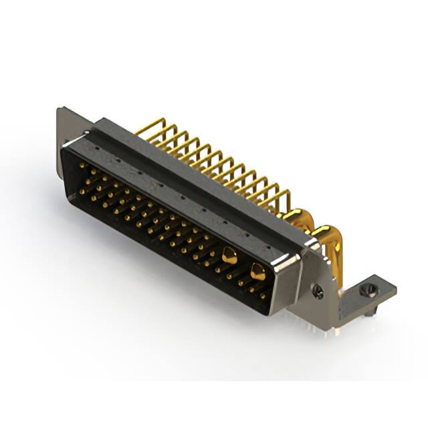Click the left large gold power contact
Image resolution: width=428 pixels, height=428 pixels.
tap(229, 255)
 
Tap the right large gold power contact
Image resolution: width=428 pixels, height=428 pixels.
tap(257, 271)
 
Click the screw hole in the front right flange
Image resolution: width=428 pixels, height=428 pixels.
tap(318, 292)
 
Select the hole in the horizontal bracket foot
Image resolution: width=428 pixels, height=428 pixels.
tap(366, 290)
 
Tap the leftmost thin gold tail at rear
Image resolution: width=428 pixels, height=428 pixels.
tap(150, 127)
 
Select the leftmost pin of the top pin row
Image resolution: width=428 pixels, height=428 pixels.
tap(82, 165)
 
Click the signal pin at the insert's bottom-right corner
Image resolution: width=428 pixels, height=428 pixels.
tap(263, 295)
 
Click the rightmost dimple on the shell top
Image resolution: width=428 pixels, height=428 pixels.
tap(267, 248)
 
